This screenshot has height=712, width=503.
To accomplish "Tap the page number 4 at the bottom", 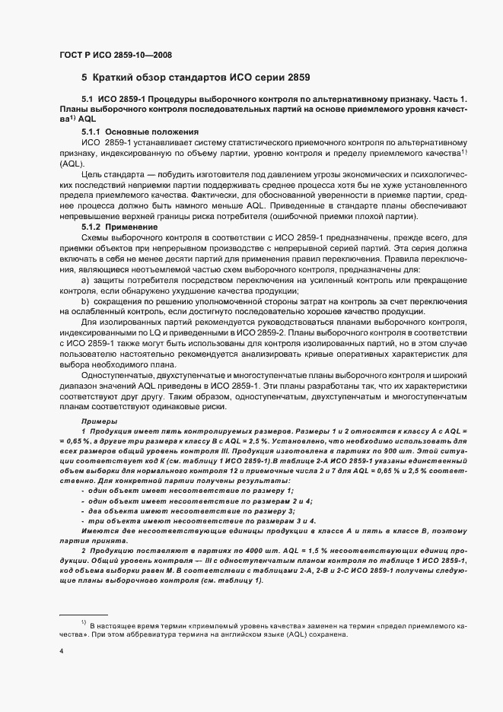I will [x=61, y=651].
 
